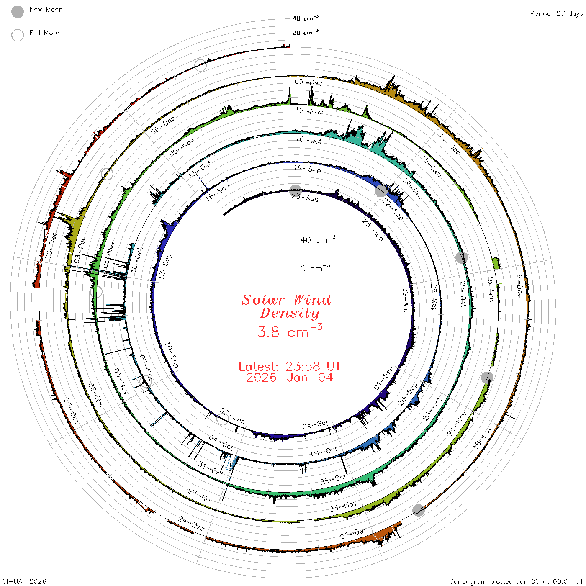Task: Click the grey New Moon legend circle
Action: click(x=18, y=12)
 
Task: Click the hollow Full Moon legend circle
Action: click(x=18, y=35)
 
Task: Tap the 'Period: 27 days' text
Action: click(x=556, y=14)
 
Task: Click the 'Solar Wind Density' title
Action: click(x=286, y=306)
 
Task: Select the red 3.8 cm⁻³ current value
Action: click(x=290, y=331)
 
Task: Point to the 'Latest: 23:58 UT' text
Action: click(x=290, y=366)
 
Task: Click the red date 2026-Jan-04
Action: click(x=290, y=378)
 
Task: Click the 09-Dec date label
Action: click(x=308, y=82)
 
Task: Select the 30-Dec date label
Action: click(x=51, y=245)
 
